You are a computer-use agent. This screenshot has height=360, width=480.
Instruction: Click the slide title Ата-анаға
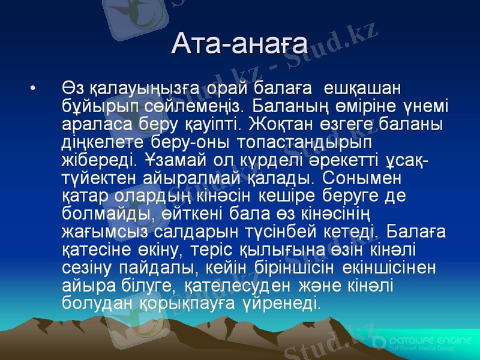tap(239, 43)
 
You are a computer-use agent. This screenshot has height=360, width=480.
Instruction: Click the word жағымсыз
tap(107, 231)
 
